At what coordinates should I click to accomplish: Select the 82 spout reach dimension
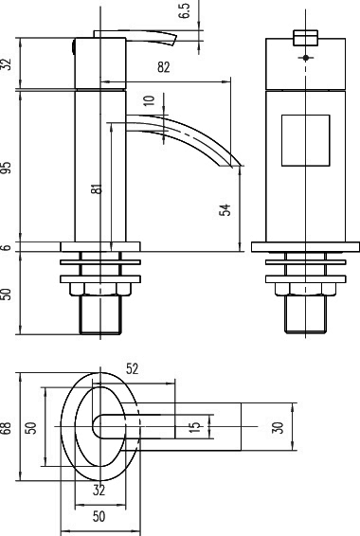[x=165, y=67]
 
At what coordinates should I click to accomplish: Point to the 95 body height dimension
[x=8, y=167]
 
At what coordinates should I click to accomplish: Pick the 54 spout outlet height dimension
[x=225, y=210]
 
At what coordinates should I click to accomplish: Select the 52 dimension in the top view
[x=132, y=369]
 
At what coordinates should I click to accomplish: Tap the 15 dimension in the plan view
[x=194, y=428]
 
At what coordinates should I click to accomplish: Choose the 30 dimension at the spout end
[x=278, y=428]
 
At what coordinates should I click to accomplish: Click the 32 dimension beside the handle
[x=8, y=64]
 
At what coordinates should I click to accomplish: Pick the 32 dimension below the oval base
[x=99, y=491]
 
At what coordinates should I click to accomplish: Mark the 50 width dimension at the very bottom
[x=99, y=519]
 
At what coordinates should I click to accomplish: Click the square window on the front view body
[x=305, y=138]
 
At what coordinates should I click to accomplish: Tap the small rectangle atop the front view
[x=306, y=38]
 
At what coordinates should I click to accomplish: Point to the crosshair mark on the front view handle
[x=306, y=58]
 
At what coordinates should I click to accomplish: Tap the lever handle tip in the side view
[x=172, y=40]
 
